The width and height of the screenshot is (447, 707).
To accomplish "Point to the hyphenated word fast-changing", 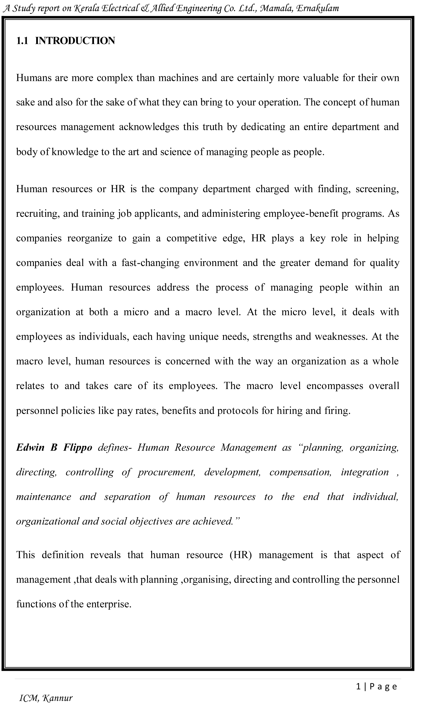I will [x=150, y=263].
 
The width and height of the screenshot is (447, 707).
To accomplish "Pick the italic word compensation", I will [x=300, y=472].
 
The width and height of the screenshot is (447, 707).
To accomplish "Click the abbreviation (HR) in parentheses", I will [x=241, y=555].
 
